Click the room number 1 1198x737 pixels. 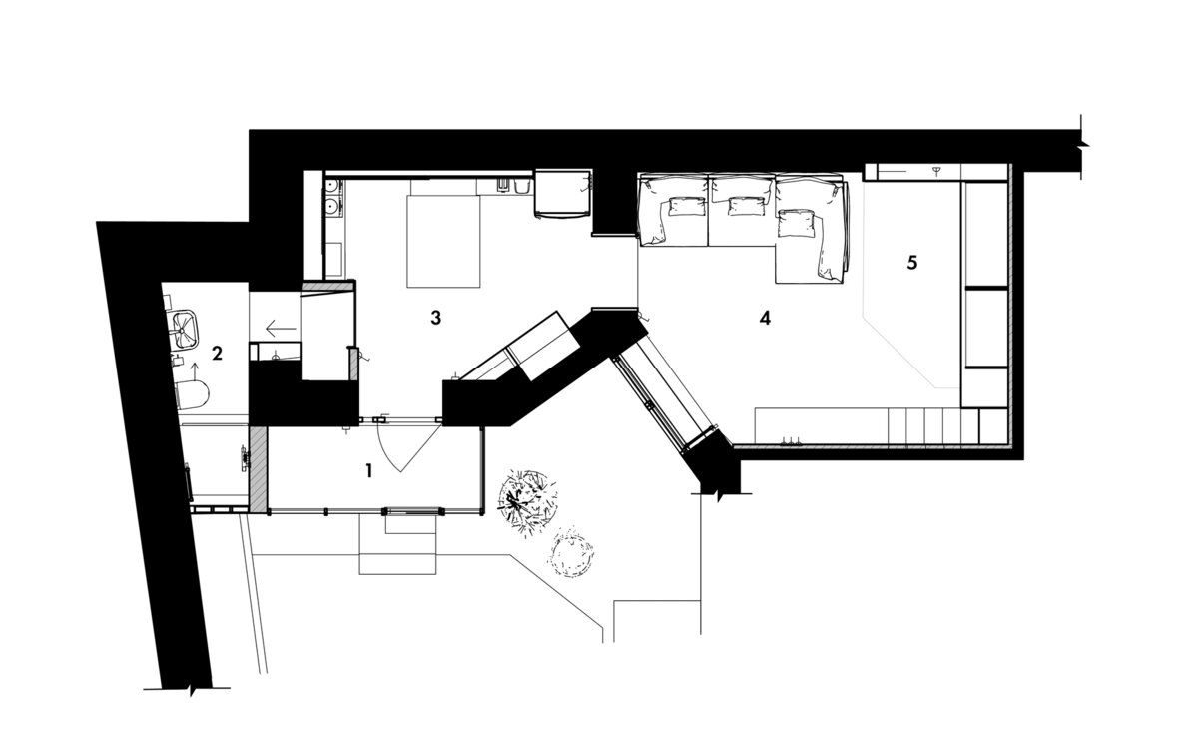368,470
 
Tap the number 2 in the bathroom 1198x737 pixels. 217,353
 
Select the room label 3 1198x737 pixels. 436,318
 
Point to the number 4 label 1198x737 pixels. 765,318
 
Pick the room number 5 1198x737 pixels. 912,262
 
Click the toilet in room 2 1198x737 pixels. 192,395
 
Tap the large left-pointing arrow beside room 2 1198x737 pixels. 281,328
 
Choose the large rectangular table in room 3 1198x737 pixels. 443,242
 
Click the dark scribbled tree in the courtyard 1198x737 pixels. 527,501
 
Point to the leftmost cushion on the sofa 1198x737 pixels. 686,206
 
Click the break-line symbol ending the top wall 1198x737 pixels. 1082,146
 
